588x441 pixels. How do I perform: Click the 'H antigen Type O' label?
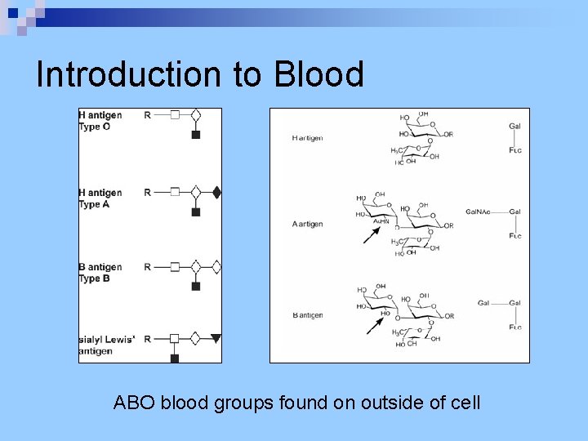pyautogui.click(x=100, y=121)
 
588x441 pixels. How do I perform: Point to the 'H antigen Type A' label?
pyautogui.click(x=100, y=198)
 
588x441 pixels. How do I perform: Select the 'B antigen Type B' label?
pyautogui.click(x=100, y=273)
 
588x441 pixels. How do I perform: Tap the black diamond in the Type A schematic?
pyautogui.click(x=216, y=193)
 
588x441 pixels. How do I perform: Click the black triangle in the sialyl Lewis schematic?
pyautogui.click(x=216, y=338)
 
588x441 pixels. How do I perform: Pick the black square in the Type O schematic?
pyautogui.click(x=195, y=135)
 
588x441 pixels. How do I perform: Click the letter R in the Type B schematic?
pyautogui.click(x=147, y=267)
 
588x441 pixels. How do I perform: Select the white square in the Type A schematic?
pyautogui.click(x=174, y=193)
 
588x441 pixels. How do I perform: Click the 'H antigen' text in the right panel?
pyautogui.click(x=307, y=138)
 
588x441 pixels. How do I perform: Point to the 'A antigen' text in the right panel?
pyautogui.click(x=307, y=224)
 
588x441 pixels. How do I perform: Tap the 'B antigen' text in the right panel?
pyautogui.click(x=307, y=315)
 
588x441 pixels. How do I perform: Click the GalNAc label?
pyautogui.click(x=478, y=212)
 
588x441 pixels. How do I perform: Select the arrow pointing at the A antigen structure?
pyautogui.click(x=372, y=235)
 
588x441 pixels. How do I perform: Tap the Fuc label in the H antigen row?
pyautogui.click(x=514, y=150)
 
